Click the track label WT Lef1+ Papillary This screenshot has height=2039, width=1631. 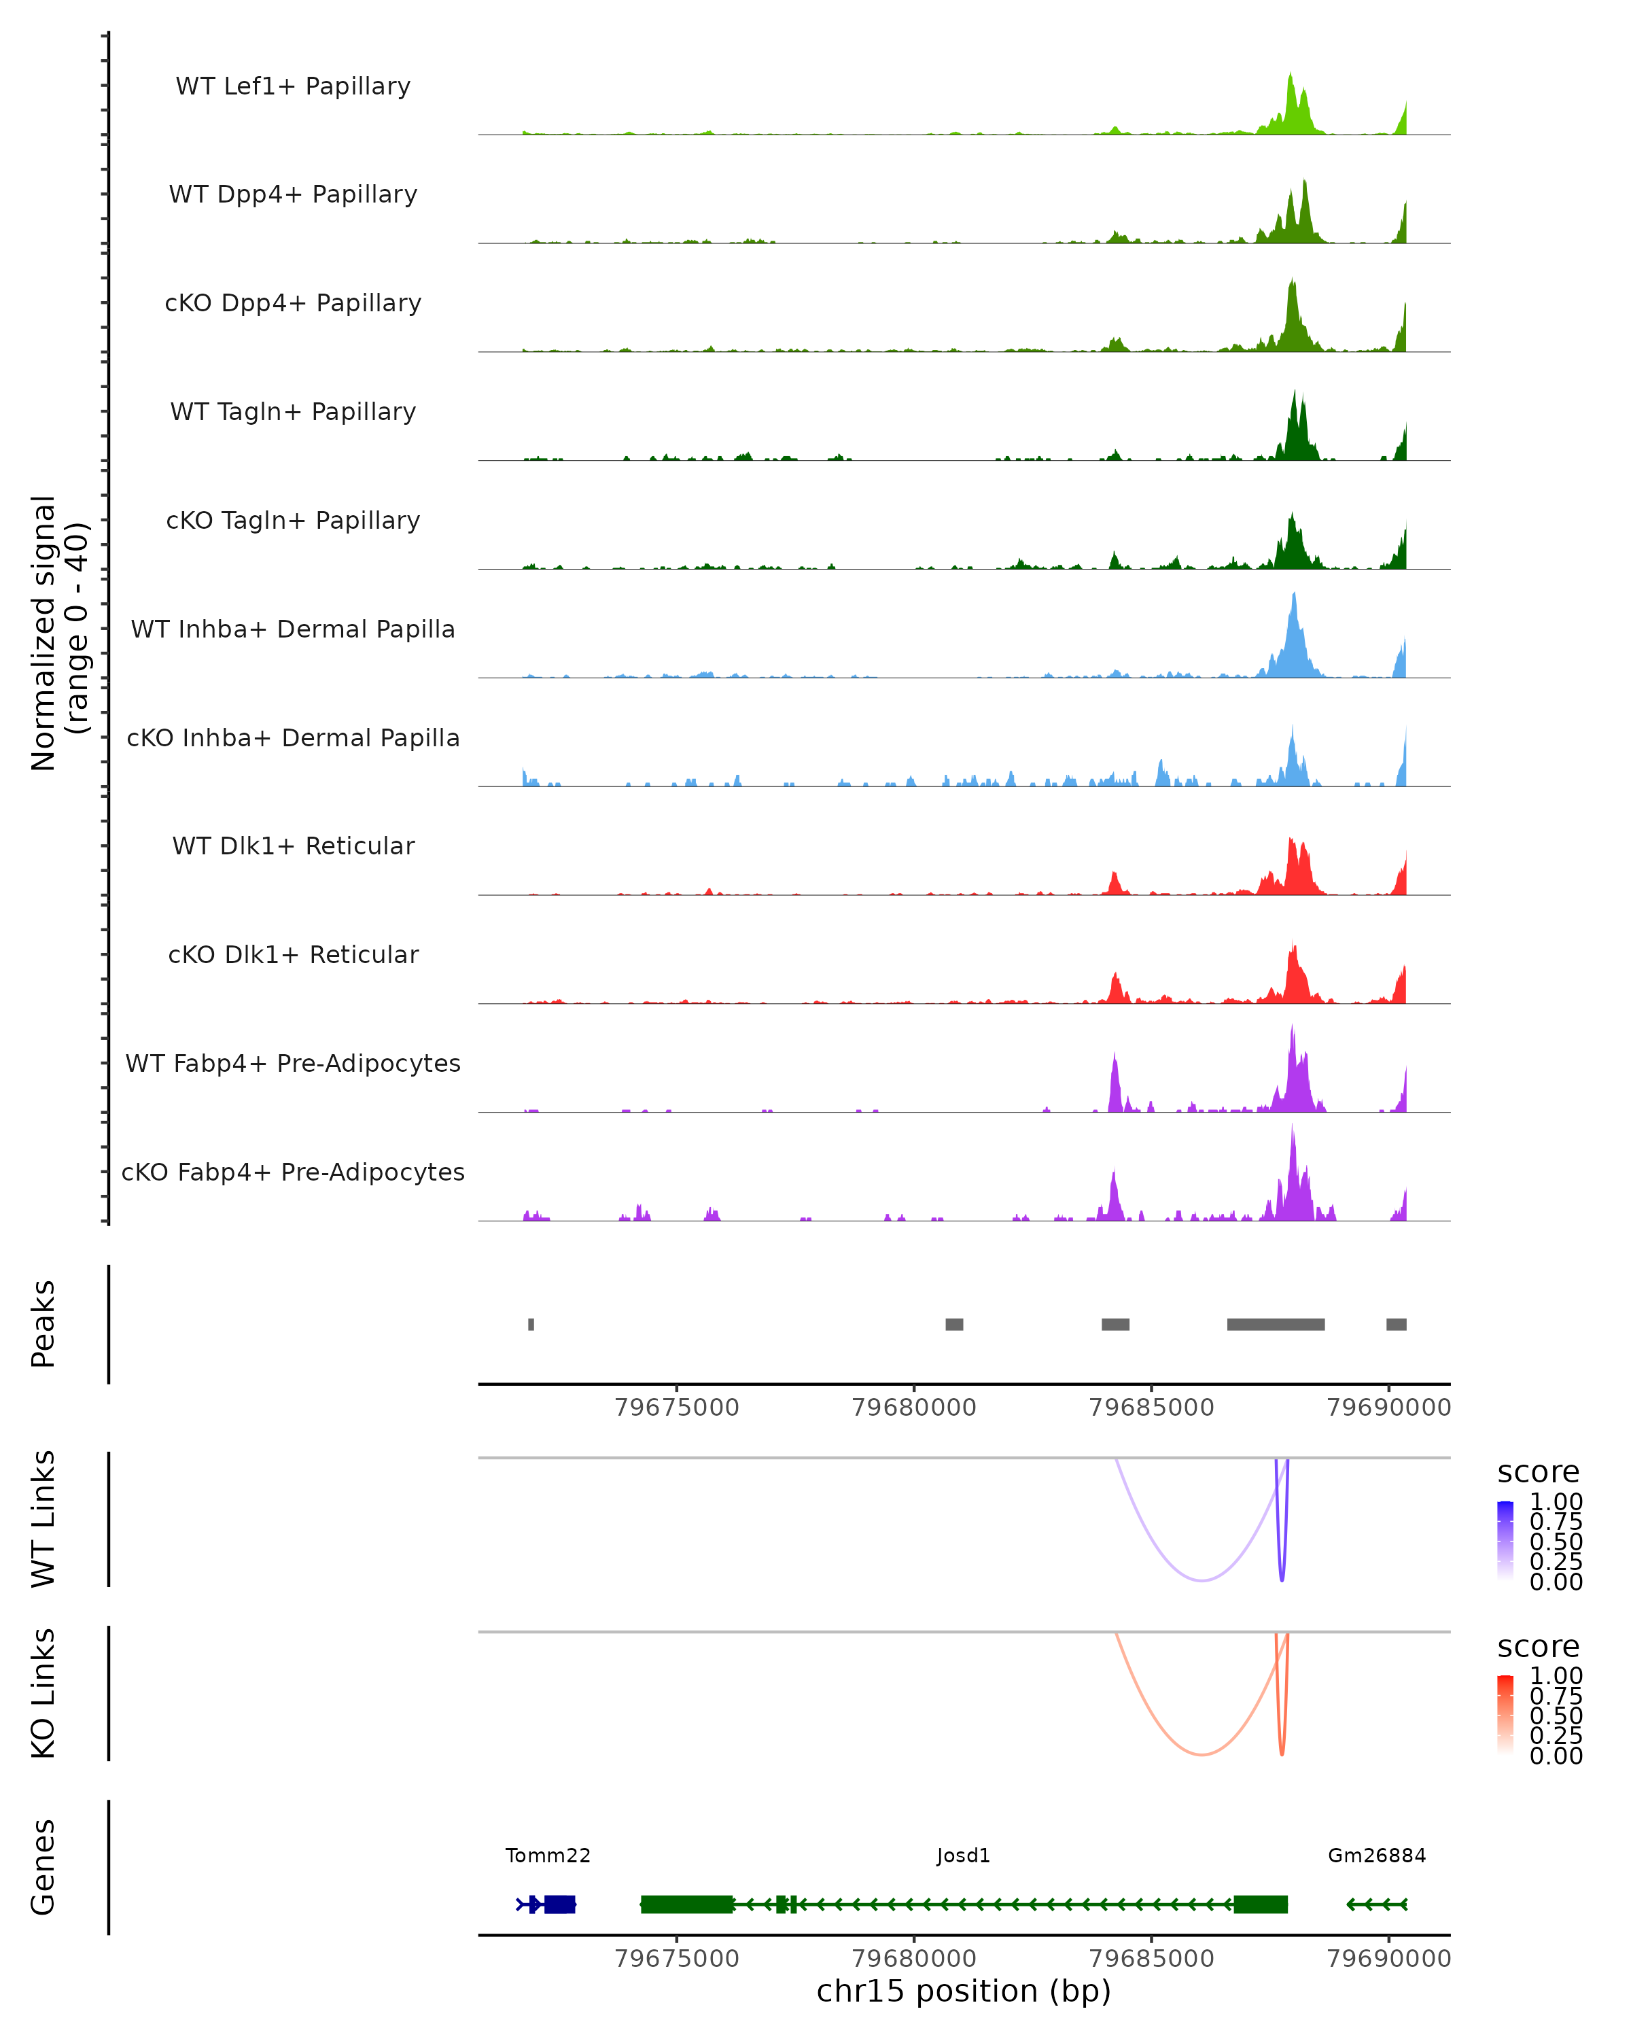(x=293, y=86)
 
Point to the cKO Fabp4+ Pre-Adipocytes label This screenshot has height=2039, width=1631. (x=293, y=1172)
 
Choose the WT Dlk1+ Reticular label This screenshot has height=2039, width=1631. (x=293, y=846)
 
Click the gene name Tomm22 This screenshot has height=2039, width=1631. (x=548, y=1855)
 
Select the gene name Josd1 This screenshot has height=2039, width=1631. (x=964, y=1855)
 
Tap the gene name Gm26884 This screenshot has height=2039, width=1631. (x=1377, y=1855)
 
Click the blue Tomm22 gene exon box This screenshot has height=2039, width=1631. (x=560, y=1904)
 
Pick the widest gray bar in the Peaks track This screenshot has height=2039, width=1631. (x=1276, y=1324)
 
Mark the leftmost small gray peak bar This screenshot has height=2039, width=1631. (x=531, y=1324)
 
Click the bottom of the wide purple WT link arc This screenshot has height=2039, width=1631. (x=1201, y=1580)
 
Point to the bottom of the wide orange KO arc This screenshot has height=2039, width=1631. (x=1201, y=1754)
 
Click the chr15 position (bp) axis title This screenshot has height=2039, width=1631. (x=964, y=1991)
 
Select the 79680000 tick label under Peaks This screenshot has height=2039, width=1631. (x=913, y=1408)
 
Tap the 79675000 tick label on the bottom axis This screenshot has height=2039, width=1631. (x=677, y=1959)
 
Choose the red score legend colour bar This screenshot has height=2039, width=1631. (x=1505, y=1715)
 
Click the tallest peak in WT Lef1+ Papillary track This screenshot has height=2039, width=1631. (x=1291, y=75)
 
